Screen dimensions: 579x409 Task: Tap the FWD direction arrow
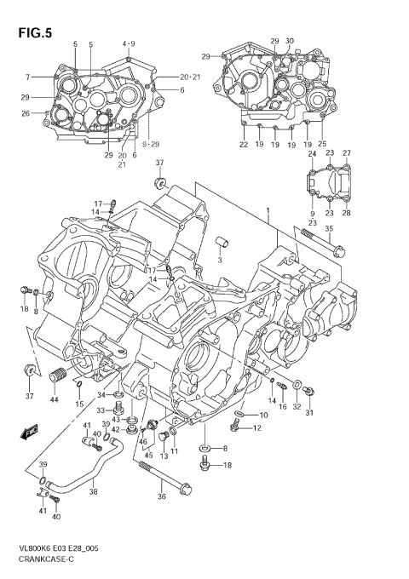click(x=29, y=432)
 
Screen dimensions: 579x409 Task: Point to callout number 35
click(x=329, y=229)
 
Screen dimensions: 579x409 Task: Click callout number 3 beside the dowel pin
click(x=219, y=261)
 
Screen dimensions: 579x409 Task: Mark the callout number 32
click(x=297, y=408)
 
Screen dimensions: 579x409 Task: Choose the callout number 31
click(x=311, y=413)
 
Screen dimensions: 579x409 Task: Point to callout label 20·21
click(x=190, y=77)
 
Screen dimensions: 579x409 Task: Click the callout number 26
click(x=26, y=113)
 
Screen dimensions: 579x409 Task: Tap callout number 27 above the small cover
click(x=346, y=153)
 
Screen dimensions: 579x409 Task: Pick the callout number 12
click(x=256, y=427)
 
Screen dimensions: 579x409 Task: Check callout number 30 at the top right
click(x=290, y=41)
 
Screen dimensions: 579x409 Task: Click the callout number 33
click(x=100, y=411)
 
